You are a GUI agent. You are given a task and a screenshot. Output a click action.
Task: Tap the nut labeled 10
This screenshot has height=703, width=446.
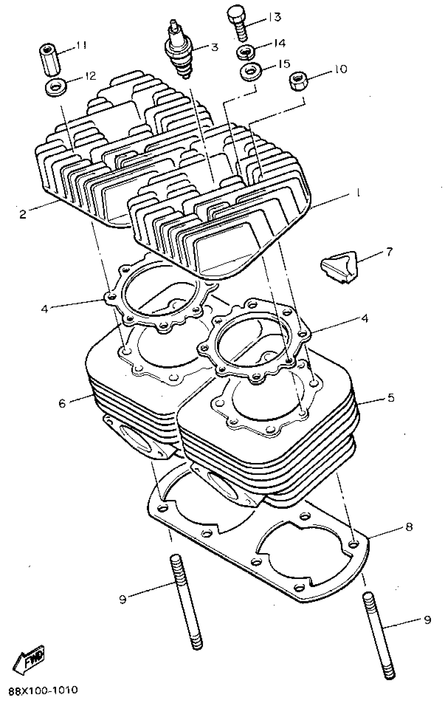[x=297, y=81]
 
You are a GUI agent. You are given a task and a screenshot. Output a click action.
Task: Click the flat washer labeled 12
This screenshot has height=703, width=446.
[x=55, y=88]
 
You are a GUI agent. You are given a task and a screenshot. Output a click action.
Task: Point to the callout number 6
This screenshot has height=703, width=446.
[x=62, y=404]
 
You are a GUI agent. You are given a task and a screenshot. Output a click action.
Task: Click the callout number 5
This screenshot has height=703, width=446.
[x=391, y=398]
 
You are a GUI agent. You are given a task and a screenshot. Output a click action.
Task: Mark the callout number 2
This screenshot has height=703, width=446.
[x=23, y=215]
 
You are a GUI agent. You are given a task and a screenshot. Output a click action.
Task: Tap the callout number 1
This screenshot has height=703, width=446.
[x=357, y=193]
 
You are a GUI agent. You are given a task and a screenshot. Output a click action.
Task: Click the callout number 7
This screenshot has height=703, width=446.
[x=390, y=251]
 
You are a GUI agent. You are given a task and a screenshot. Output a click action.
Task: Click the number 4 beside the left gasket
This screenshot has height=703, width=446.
[x=44, y=309]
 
